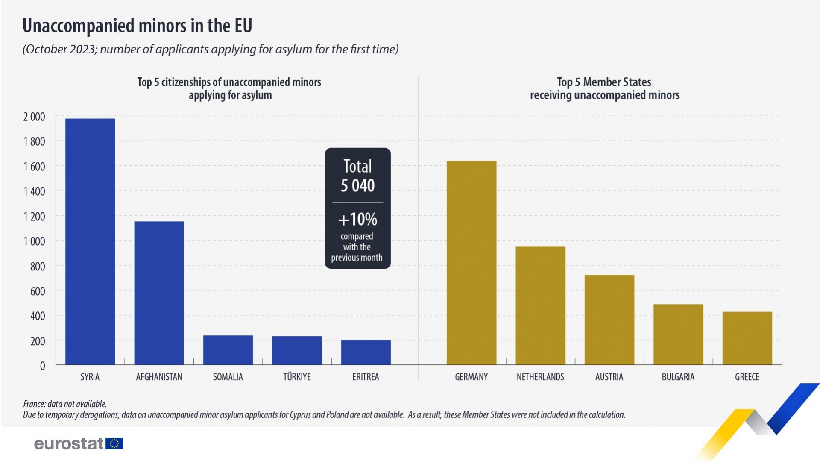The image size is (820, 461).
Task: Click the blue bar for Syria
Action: click(90, 241)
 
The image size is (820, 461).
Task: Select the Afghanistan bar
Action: click(159, 293)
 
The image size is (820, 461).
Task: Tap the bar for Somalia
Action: click(228, 350)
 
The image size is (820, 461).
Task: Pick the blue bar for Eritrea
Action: click(366, 352)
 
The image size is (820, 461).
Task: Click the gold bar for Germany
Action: click(471, 263)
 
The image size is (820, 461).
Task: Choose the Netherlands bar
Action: click(540, 305)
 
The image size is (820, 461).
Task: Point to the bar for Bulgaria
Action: click(678, 334)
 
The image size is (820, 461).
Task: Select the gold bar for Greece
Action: click(747, 338)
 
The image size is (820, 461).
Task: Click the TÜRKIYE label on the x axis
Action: click(297, 377)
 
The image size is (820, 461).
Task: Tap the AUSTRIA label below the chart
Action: click(609, 377)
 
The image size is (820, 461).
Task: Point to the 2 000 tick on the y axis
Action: click(34, 117)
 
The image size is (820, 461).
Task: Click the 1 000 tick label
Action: click(34, 241)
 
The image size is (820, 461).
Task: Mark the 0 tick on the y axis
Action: click(42, 366)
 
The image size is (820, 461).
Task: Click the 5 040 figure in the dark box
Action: click(357, 185)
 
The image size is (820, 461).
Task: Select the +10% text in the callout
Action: click(357, 219)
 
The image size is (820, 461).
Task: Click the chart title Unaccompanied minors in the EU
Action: click(137, 26)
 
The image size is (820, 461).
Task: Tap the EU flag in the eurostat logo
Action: click(114, 443)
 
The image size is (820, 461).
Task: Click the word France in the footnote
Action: click(34, 404)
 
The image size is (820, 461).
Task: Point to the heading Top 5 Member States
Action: click(604, 82)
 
